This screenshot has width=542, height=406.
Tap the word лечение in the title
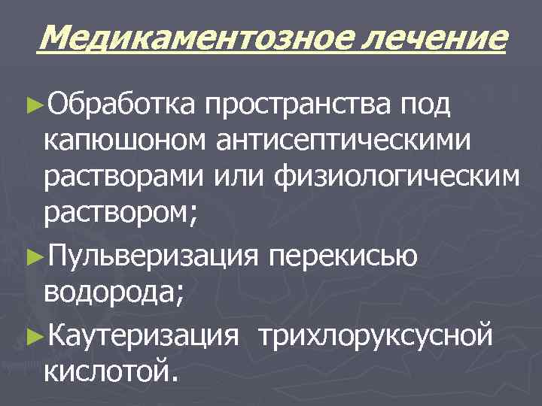pyautogui.click(x=430, y=35)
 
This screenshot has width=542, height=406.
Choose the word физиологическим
pyautogui.click(x=398, y=179)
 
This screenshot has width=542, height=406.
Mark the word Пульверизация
pyautogui.click(x=151, y=256)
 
